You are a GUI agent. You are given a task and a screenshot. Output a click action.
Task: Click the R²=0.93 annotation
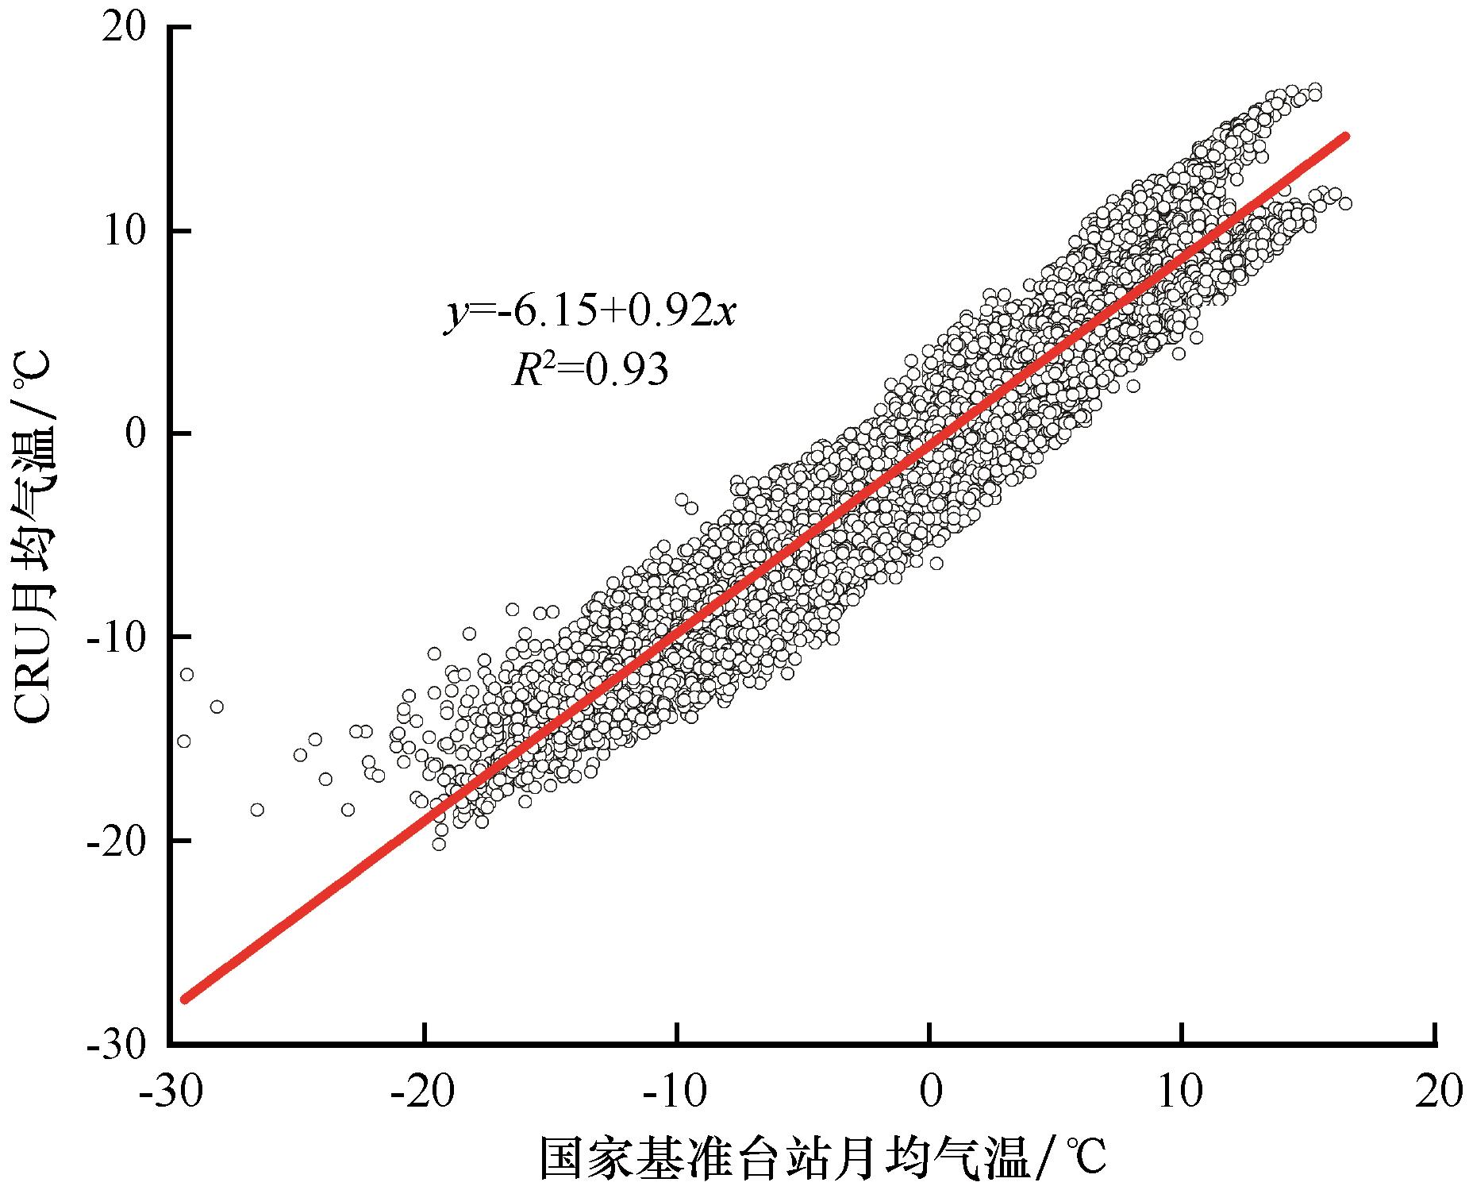590,370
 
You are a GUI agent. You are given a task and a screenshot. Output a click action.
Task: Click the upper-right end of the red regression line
1345,137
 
